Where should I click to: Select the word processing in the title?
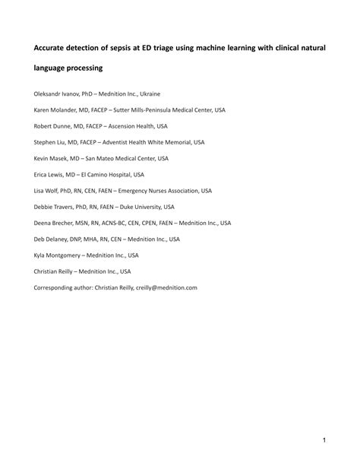[83, 68]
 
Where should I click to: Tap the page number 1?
[324, 440]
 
